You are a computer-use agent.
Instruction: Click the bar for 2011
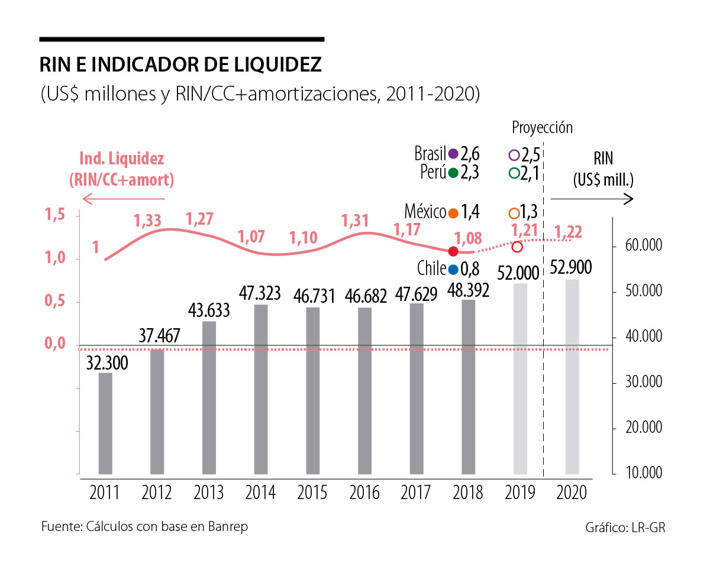tap(105, 423)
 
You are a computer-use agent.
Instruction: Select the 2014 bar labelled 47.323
tap(261, 389)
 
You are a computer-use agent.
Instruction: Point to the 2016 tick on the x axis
tap(364, 492)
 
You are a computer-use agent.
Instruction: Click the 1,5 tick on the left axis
tap(56, 216)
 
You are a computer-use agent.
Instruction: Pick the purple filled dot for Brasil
tap(454, 154)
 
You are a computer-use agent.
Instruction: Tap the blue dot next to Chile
tap(453, 269)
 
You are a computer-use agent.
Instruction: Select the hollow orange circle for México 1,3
tap(514, 213)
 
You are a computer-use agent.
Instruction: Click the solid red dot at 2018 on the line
tap(453, 251)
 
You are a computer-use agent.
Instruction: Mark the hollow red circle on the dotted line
tap(517, 247)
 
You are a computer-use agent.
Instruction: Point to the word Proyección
tap(542, 128)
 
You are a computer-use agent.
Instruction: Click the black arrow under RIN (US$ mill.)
tap(591, 200)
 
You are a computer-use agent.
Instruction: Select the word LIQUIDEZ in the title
tap(276, 64)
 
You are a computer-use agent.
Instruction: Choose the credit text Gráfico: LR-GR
tap(625, 527)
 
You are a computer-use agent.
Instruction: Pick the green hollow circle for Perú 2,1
tap(514, 173)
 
